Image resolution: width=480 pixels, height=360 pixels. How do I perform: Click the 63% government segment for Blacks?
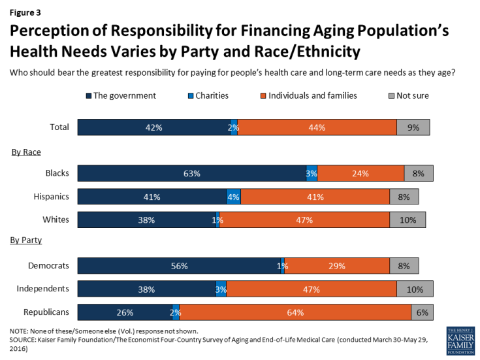pos(191,173)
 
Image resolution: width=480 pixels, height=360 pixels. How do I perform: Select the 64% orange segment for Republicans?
pos(295,312)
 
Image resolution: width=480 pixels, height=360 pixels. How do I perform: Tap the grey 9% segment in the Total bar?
pos(413,127)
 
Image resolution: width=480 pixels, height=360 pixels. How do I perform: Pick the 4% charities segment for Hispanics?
pos(234,196)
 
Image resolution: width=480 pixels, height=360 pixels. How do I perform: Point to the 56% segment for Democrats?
pos(179,266)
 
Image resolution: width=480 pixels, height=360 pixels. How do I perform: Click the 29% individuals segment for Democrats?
pos(337,266)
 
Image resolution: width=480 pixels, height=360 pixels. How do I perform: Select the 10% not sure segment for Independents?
pos(413,289)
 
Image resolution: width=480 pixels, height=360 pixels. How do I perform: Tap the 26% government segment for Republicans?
pos(125,312)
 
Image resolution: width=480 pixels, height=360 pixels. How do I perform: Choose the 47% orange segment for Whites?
pos(304,220)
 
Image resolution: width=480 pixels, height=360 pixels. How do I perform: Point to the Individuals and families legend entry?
pos(319,95)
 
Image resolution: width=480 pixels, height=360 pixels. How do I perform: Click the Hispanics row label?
pos(51,196)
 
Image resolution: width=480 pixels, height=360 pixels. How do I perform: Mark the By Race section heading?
pos(26,152)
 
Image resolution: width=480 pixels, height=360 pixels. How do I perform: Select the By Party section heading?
pos(27,240)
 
